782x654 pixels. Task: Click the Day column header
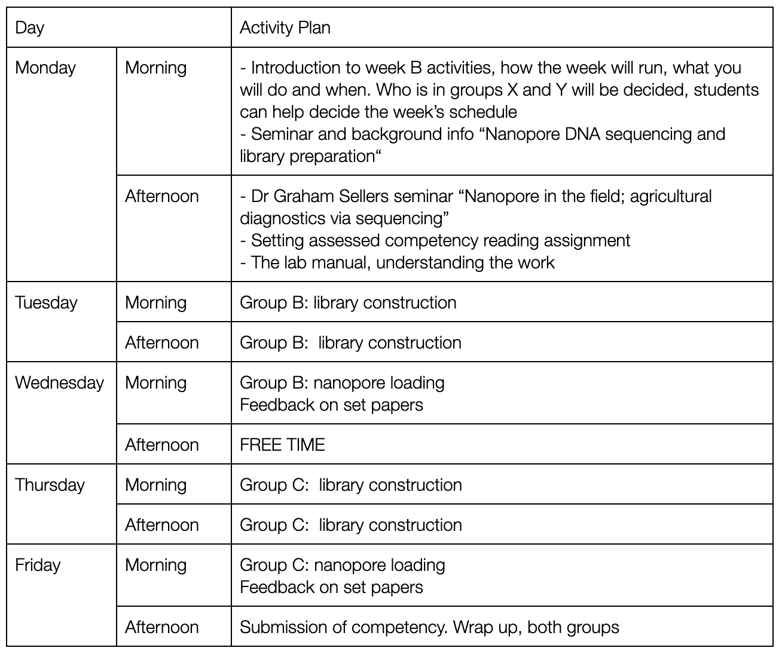(30, 27)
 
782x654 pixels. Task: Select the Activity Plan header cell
(285, 27)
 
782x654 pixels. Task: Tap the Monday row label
(45, 68)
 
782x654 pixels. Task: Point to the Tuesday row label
(46, 302)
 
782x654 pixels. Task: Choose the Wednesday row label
(59, 383)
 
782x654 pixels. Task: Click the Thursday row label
(50, 485)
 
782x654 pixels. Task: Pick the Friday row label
(38, 565)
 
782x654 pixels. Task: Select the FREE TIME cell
(282, 445)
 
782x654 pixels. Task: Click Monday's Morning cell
(155, 68)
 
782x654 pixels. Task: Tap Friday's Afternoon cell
(161, 627)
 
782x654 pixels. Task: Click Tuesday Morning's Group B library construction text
(348, 302)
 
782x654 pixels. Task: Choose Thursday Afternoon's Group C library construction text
(350, 525)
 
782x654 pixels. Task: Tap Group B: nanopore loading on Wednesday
(342, 383)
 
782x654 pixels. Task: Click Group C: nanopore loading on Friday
(342, 565)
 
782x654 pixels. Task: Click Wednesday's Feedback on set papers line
(331, 405)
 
